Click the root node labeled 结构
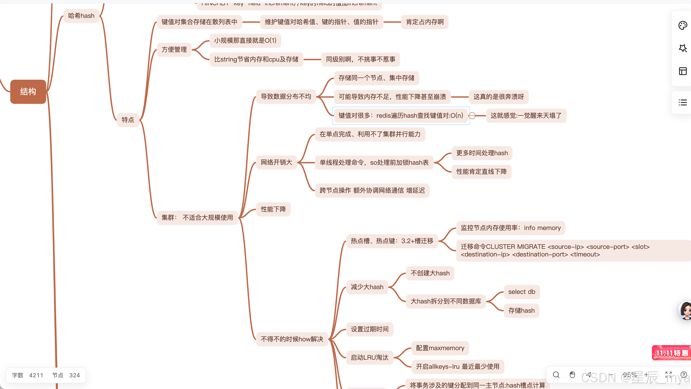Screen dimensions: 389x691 [x=28, y=92]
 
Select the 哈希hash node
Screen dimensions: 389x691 [x=81, y=16]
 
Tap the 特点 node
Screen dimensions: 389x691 [x=128, y=120]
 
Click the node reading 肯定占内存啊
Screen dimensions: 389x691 [x=425, y=22]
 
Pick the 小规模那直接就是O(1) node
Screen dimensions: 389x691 [x=245, y=41]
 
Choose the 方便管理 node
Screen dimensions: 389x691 [x=174, y=50]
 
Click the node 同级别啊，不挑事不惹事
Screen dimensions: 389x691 [x=360, y=59]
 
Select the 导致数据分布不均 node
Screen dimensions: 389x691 [x=286, y=97]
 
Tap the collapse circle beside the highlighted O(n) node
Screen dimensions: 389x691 [x=472, y=116]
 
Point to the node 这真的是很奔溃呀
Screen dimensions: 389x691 [x=498, y=97]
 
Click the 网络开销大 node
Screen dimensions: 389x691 [x=276, y=162]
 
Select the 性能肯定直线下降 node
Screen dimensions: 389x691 [x=481, y=172]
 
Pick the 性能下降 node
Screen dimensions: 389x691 [x=273, y=209]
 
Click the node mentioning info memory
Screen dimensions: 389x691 [x=510, y=228]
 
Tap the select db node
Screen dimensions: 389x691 [x=522, y=292]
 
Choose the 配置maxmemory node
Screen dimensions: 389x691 [x=440, y=348]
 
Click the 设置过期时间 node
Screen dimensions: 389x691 [x=369, y=329]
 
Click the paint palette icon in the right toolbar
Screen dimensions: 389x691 [x=682, y=26]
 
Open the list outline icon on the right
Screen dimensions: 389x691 [x=682, y=102]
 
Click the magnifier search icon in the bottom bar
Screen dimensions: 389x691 [x=556, y=375]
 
